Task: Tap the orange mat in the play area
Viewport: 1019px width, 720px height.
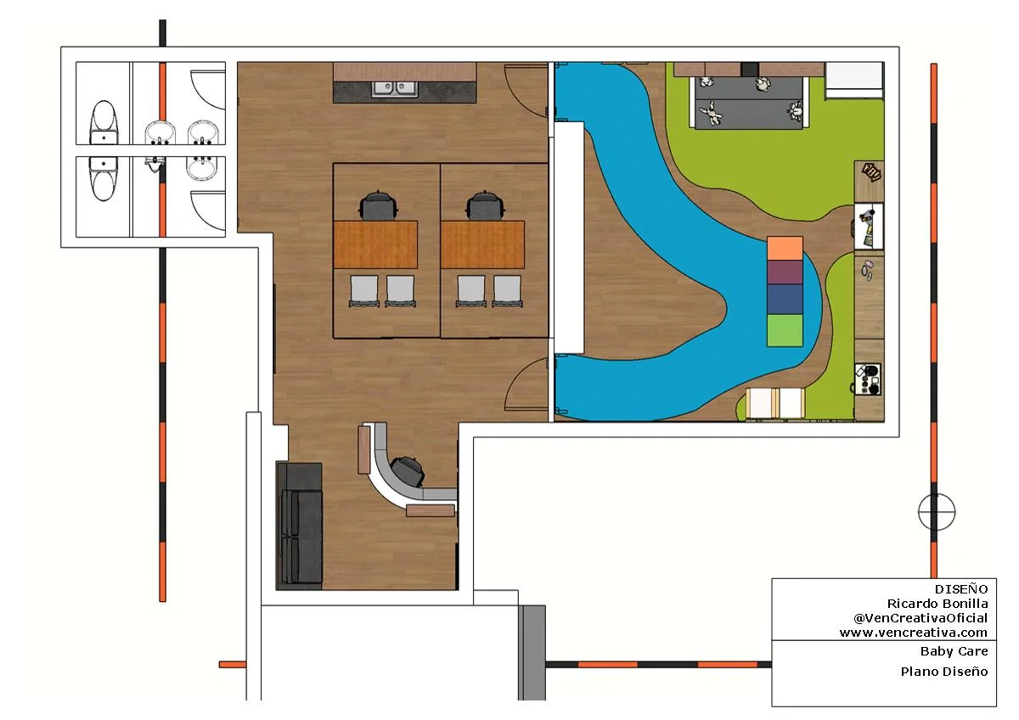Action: coord(785,248)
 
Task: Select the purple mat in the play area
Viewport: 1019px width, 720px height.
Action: coord(785,273)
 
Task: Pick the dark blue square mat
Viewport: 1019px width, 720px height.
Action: coord(785,299)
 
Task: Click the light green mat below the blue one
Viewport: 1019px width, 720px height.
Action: coord(785,330)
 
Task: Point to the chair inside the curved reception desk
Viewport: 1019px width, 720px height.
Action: coord(408,470)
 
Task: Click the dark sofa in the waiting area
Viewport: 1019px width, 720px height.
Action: coord(299,526)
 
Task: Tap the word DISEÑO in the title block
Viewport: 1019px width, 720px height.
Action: coord(961,589)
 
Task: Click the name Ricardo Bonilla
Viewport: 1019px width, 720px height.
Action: coord(937,604)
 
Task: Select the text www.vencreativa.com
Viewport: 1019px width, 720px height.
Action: coord(914,633)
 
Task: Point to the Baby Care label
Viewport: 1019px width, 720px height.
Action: coord(954,651)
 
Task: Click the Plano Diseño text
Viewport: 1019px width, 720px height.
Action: coord(944,672)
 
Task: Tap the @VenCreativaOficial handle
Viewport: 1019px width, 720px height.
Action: coord(920,618)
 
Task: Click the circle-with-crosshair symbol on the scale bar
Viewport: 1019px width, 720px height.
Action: coord(937,512)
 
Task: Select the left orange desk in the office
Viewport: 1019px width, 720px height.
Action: coord(375,245)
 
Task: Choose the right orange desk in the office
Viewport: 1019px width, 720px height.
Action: coord(482,245)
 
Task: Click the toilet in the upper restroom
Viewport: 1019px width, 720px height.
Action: coord(104,122)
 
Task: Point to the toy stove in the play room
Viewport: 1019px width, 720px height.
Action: coord(868,379)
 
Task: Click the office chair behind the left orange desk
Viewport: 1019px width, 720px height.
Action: coord(379,205)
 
